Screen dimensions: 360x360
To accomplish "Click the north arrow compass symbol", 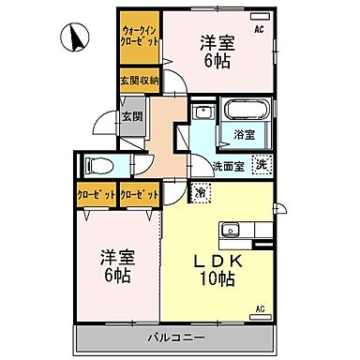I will click(73, 39).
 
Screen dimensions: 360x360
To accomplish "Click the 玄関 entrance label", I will click(132, 117).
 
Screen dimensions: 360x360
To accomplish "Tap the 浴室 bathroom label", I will click(244, 134).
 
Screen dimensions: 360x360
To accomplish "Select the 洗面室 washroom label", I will click(226, 167).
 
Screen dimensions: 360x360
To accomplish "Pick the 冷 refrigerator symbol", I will click(201, 193).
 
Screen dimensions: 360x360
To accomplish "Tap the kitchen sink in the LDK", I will click(232, 231).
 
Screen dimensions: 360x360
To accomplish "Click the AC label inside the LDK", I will click(259, 308).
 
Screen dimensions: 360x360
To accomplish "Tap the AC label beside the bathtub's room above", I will click(258, 28).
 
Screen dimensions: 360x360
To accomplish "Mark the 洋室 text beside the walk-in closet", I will click(215, 41).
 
